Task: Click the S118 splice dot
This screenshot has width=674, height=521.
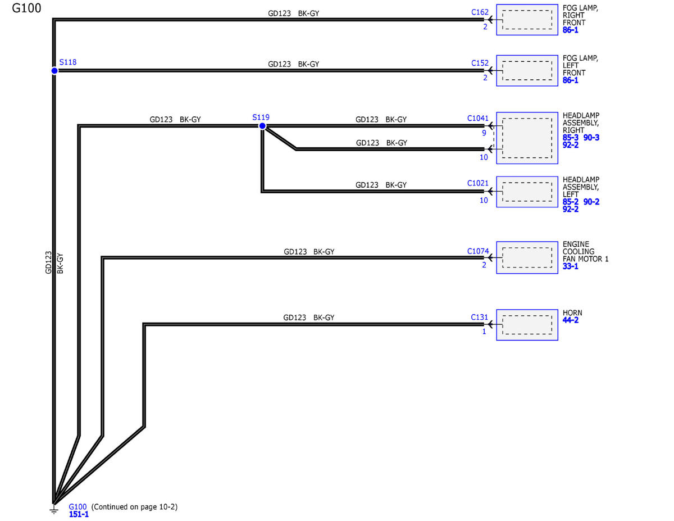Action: pos(54,71)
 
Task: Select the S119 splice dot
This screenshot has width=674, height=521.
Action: pos(262,126)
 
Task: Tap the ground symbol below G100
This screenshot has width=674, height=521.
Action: pos(54,510)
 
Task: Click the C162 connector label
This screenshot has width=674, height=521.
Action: pos(480,12)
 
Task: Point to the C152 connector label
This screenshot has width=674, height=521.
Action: pos(480,63)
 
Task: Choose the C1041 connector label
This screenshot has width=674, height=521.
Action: pos(477,118)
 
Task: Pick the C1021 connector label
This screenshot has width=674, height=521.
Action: pos(477,183)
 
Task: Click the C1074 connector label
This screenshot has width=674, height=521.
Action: pos(477,251)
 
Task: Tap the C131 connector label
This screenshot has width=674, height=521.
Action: pos(479,317)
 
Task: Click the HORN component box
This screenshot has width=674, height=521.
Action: pos(527,325)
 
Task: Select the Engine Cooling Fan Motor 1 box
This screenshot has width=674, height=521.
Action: pos(527,257)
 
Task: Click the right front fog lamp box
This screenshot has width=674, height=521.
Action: pos(527,20)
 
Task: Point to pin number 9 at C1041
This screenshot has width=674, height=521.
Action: pos(484,133)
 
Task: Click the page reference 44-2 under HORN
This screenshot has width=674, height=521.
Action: pos(571,320)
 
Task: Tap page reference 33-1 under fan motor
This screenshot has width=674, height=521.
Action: pos(571,266)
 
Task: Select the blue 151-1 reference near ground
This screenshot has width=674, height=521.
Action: pos(79,514)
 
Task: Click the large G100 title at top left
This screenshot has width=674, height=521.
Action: pos(26,8)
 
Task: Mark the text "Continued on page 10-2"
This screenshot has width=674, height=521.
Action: pos(134,507)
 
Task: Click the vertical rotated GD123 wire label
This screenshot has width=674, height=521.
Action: pos(48,262)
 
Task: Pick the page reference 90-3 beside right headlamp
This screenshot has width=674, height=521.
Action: pos(591,138)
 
